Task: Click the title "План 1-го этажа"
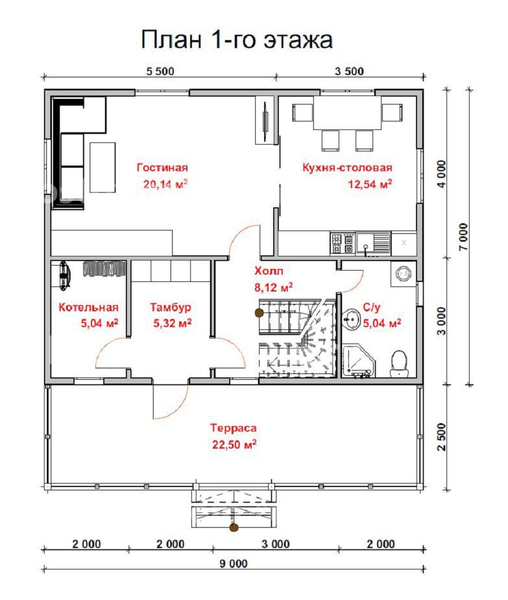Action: pos(237,40)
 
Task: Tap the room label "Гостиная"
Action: pos(163,168)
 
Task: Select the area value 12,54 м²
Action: pos(370,184)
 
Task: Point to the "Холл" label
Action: pos(269,271)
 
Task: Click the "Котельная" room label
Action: pos(88,307)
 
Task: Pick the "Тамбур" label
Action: pos(170,307)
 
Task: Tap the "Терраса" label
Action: pos(233,428)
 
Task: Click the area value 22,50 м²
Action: pos(234,444)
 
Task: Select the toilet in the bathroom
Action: pos(398,363)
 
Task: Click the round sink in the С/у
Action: pos(351,319)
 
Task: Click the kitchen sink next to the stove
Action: pos(374,242)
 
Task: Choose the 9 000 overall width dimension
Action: pos(234,564)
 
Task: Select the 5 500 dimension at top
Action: pos(160,72)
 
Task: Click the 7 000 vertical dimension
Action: pos(463,237)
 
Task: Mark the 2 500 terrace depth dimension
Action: pos(441,437)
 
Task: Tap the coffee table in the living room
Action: pos(102,167)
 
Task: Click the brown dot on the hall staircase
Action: pos(259,313)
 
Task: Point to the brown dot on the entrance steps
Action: pos(234,527)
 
